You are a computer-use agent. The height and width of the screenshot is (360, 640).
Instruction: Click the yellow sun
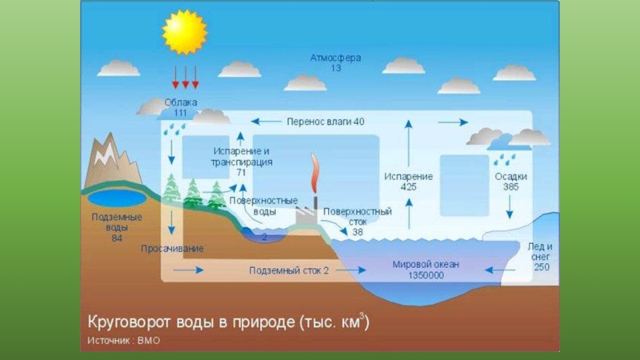[184, 32]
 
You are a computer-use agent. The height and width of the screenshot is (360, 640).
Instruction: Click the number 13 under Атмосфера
[336, 70]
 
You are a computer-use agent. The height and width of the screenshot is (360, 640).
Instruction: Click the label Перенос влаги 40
[326, 122]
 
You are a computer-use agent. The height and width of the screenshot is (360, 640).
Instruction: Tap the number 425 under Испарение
[408, 187]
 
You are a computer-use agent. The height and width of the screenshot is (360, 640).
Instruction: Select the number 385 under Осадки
[510, 187]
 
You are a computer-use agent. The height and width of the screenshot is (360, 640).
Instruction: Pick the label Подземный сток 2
[289, 270]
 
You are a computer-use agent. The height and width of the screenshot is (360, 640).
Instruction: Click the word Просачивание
[172, 249]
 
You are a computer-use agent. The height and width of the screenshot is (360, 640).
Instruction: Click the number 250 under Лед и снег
[542, 266]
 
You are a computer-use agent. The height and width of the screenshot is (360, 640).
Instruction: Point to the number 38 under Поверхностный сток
[357, 232]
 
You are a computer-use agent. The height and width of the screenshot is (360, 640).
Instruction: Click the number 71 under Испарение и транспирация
[241, 172]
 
